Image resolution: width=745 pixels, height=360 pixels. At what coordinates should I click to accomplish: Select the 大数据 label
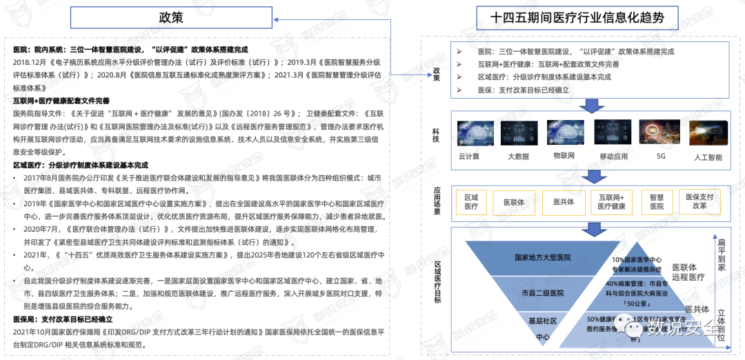pos(518,157)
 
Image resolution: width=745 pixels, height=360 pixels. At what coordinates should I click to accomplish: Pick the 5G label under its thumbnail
pos(660,157)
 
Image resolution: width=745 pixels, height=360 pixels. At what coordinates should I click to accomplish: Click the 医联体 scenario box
pos(514,203)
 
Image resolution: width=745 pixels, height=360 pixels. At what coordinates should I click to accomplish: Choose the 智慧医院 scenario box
pos(657,201)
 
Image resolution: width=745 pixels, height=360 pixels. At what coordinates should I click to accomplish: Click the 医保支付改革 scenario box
pos(699,201)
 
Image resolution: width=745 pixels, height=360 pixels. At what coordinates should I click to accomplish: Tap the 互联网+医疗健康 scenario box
pos(610,202)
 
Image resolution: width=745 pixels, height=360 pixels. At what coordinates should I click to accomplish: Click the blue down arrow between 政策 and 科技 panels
pos(590,105)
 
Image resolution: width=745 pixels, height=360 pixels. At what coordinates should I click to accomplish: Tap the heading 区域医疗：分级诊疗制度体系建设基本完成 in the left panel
pos(81,166)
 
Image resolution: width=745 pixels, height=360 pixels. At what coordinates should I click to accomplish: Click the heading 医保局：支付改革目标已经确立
pos(63,320)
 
